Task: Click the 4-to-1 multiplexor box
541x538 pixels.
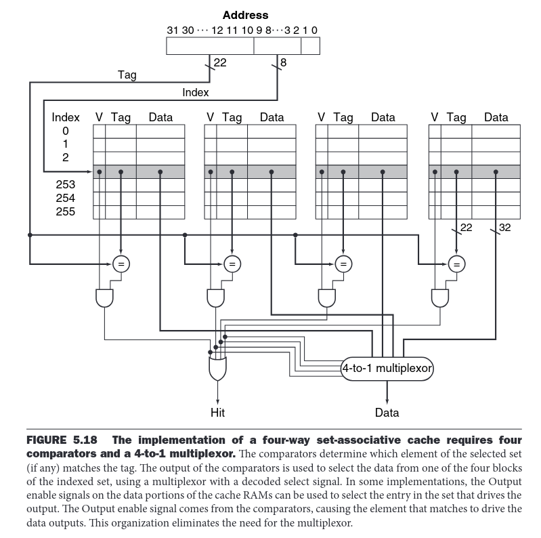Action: [387, 369]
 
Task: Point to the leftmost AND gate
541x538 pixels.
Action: [104, 296]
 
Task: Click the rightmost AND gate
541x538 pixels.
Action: [439, 296]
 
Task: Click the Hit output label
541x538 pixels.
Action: [217, 412]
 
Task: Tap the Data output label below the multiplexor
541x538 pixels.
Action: [387, 412]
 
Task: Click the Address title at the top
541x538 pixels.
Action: [245, 15]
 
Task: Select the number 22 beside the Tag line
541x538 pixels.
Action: [220, 62]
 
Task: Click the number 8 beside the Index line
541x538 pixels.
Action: [282, 62]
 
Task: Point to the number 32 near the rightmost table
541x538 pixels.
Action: [504, 227]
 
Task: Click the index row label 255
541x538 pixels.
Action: [66, 212]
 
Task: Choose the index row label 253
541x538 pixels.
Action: [66, 184]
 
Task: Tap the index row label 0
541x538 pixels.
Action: [66, 131]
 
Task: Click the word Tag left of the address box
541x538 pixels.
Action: [127, 75]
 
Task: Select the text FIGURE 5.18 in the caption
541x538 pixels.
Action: [65, 440]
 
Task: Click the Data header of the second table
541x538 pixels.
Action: [272, 117]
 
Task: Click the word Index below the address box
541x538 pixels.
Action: [196, 92]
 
